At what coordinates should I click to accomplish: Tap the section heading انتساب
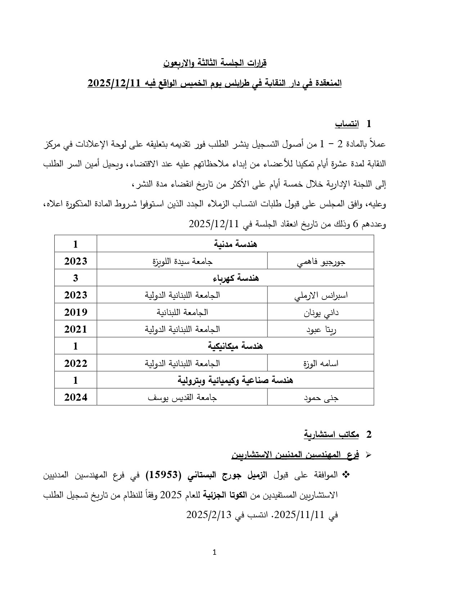347,124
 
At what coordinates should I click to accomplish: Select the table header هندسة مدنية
235,244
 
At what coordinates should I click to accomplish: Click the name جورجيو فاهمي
321,261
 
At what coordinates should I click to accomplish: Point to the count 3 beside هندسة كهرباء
76,278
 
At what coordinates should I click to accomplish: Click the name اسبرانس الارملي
321,295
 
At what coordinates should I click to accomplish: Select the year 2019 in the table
76,312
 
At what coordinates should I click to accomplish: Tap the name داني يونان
321,312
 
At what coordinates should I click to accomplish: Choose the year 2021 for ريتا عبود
76,329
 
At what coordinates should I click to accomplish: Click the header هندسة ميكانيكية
235,346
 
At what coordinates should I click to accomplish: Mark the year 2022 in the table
76,363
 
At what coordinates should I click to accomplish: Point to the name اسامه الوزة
321,363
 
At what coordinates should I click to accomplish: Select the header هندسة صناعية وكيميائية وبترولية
235,380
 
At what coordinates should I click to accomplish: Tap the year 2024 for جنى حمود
76,397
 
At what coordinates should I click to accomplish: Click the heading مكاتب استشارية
331,435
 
